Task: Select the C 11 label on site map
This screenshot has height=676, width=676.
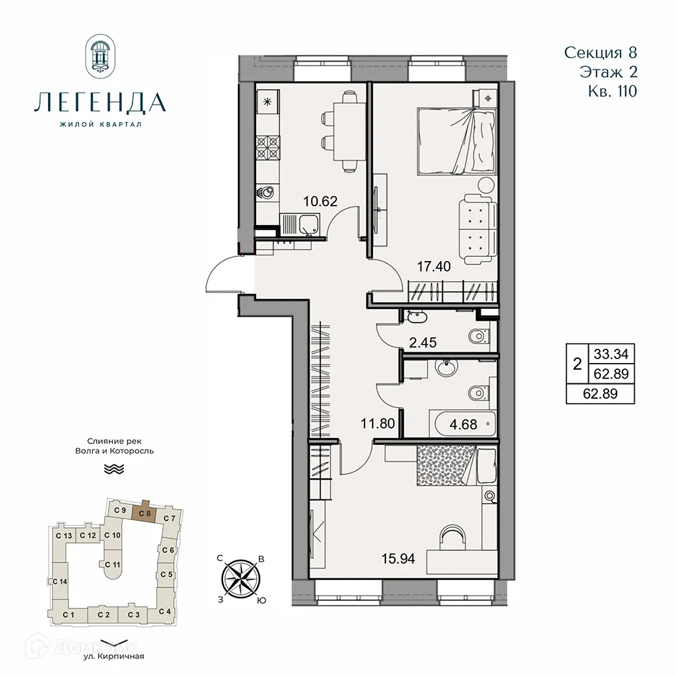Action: (x=112, y=564)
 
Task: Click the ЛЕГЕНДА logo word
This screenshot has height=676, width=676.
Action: (x=99, y=103)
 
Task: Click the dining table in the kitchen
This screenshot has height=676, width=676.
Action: (x=348, y=132)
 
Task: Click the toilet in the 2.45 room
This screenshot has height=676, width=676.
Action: (x=481, y=335)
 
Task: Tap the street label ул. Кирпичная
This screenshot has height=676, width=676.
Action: (x=113, y=656)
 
